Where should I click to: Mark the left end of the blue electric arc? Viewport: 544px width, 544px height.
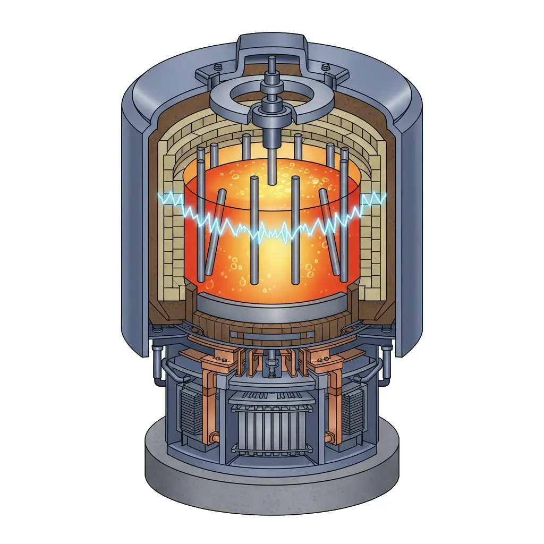click(161, 198)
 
